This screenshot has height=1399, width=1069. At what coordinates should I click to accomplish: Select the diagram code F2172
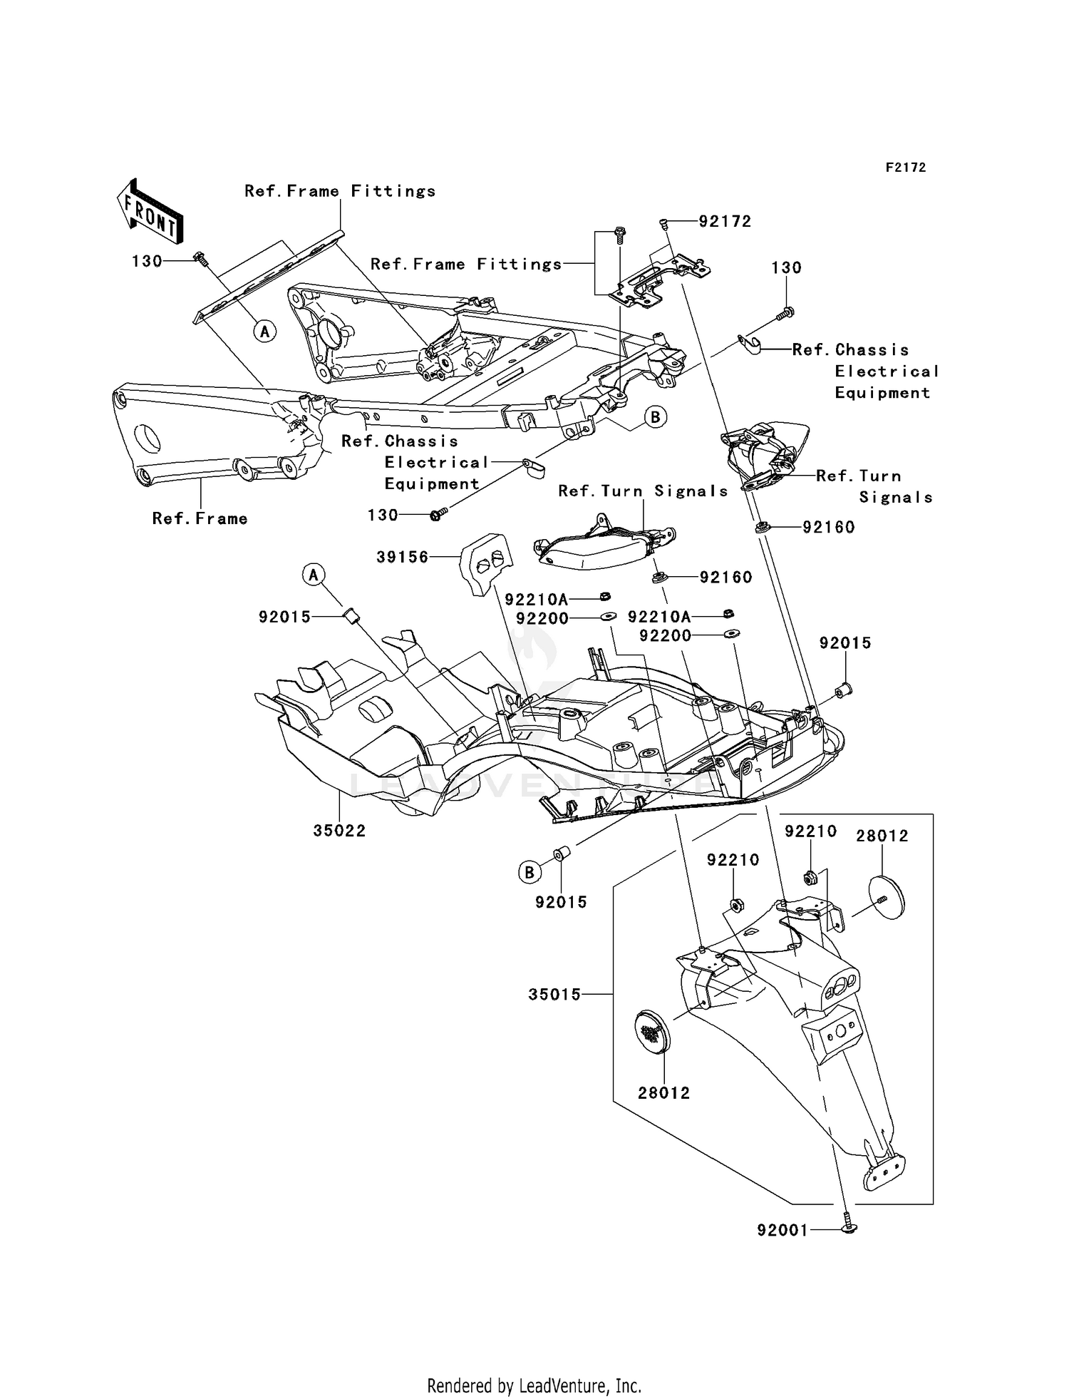[x=905, y=168]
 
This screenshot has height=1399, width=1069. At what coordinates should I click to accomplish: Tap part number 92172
[x=725, y=222]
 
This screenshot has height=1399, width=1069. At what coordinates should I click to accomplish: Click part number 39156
[x=402, y=557]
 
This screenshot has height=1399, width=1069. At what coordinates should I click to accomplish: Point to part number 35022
[x=339, y=831]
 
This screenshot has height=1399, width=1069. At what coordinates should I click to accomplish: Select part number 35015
[x=554, y=994]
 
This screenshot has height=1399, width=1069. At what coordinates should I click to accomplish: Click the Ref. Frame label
[x=200, y=519]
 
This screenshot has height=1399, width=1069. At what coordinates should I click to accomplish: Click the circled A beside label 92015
[x=314, y=575]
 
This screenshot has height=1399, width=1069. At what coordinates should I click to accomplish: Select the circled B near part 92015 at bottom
[x=529, y=872]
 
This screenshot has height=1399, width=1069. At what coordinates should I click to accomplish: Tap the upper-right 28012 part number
[x=882, y=836]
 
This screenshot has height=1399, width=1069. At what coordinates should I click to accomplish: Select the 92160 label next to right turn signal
[x=828, y=528]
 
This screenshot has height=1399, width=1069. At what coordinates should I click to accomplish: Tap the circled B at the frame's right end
[x=656, y=416]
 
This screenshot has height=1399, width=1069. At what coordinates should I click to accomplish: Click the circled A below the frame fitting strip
[x=265, y=331]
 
